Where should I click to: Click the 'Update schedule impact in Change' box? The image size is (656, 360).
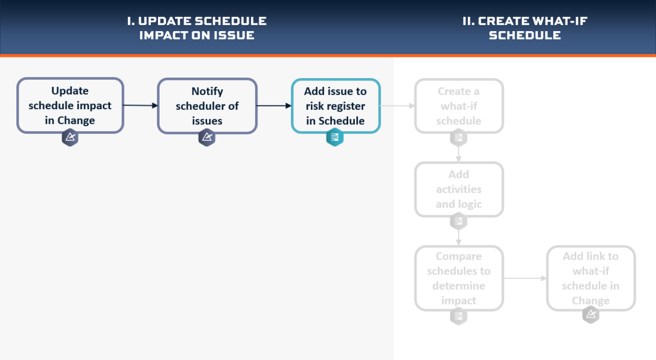tap(70, 105)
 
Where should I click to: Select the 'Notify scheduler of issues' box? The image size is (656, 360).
tap(207, 106)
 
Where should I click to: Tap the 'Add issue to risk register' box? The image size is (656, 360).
tap(336, 106)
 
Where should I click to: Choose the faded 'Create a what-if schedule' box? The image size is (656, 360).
tap(459, 106)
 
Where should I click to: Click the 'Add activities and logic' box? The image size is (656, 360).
tap(459, 190)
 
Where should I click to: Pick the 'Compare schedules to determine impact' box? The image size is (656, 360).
tap(459, 278)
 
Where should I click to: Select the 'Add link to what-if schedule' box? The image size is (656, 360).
tap(591, 278)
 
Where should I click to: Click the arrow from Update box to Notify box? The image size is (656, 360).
tap(140, 105)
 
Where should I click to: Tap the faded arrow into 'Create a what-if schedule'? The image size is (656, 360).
tap(397, 105)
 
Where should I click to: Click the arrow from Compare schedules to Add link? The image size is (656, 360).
tap(525, 278)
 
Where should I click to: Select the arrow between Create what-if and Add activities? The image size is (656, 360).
tap(459, 154)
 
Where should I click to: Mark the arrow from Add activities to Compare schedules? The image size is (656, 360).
tap(459, 238)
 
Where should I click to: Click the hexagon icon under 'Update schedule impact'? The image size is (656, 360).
tap(70, 137)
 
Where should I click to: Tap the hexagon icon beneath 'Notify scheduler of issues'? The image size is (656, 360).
tap(207, 137)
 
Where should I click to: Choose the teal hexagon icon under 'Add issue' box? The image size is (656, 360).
tap(335, 137)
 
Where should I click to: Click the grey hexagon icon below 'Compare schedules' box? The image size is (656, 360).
tap(459, 316)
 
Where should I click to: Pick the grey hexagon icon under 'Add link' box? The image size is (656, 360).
tap(591, 315)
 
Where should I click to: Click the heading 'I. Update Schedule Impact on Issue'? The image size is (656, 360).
tap(197, 28)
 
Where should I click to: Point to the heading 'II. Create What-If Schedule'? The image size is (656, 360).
tap(525, 28)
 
